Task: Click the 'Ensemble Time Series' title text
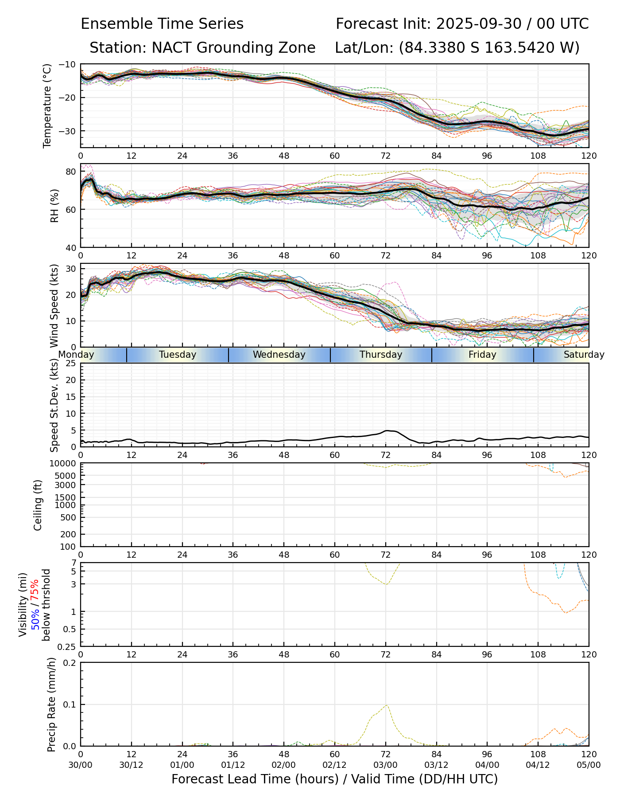(162, 24)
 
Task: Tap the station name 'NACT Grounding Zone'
(233, 48)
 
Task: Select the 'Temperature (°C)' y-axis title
(47, 106)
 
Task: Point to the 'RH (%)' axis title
(54, 205)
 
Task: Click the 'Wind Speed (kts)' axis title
(54, 305)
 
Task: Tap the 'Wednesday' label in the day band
(279, 355)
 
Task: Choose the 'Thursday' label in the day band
(381, 355)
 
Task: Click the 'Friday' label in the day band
(482, 355)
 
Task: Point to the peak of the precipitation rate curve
(386, 705)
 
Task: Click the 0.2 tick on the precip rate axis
(70, 663)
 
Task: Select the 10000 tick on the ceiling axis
(63, 464)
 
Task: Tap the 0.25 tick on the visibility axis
(67, 646)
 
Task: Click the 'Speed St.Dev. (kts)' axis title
(54, 405)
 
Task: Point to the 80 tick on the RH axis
(71, 172)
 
